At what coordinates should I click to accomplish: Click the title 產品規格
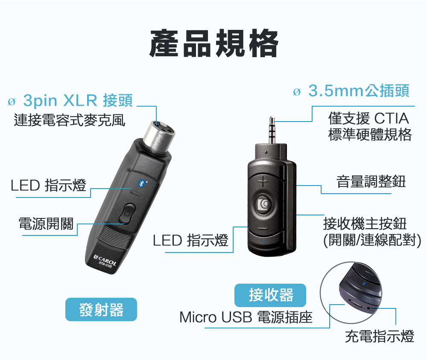pos(213,44)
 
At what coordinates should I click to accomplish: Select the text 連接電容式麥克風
pos(70,120)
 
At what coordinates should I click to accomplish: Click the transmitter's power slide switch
pos(127,214)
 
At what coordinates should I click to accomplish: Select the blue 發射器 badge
pos(101,309)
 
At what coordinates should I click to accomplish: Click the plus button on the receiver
pos(263,182)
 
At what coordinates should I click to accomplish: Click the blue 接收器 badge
pos(271,295)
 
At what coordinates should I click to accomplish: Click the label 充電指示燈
pos(380,336)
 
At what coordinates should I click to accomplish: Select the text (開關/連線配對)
pos(372,240)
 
